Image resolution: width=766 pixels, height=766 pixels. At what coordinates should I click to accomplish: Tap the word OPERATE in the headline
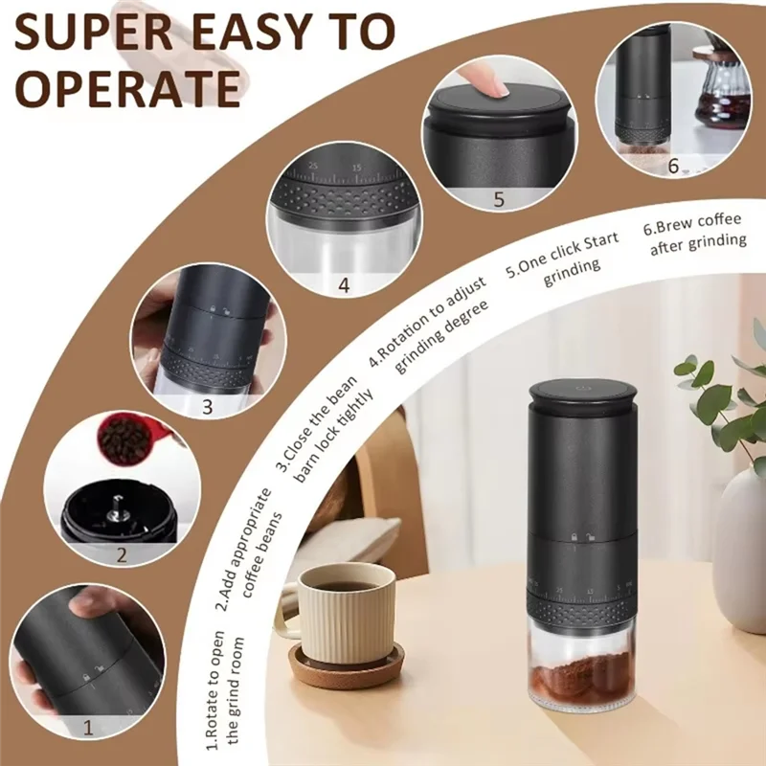[x=127, y=88]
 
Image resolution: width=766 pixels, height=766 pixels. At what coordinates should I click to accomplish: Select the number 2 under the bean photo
[x=122, y=553]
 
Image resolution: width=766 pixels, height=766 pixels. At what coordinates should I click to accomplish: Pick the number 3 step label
[x=206, y=406]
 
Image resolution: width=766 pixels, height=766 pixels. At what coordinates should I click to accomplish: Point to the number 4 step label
[x=344, y=285]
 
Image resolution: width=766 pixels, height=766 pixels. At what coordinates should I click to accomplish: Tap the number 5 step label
[x=498, y=199]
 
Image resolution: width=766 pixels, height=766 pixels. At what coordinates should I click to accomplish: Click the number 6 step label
[x=673, y=167]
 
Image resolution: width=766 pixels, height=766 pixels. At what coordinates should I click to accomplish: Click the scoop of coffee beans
[x=126, y=439]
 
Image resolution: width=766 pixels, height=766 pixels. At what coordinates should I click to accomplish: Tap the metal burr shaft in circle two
[x=114, y=505]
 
